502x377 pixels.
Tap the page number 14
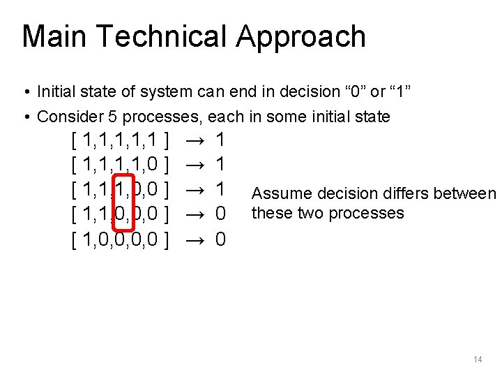(478, 360)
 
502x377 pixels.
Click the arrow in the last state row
(195, 239)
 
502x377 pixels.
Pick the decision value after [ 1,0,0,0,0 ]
(220, 239)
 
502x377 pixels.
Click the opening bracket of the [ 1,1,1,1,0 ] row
(75, 165)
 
